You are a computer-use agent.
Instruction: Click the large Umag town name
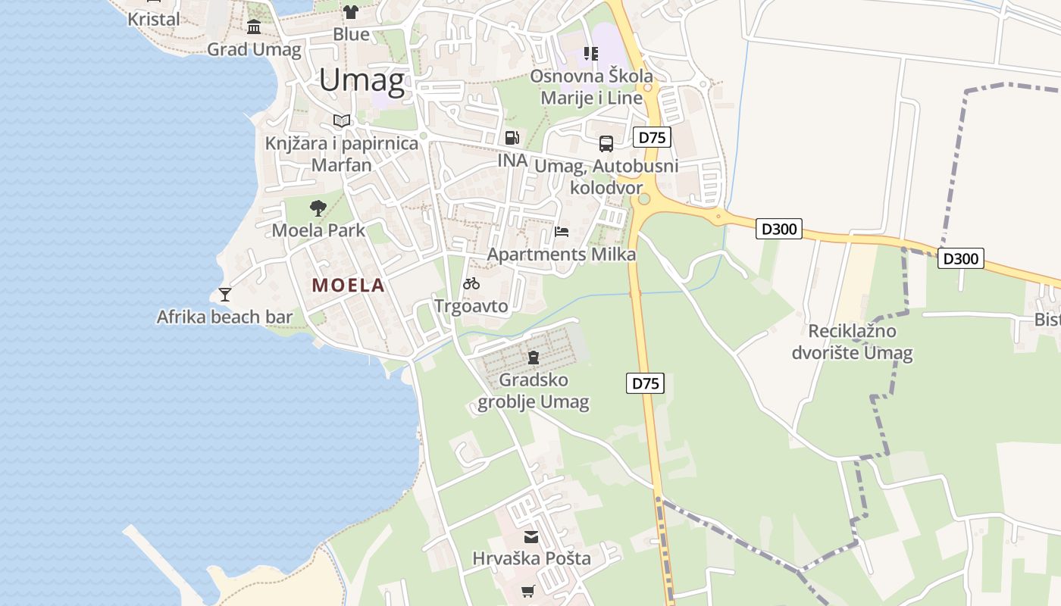[361, 80]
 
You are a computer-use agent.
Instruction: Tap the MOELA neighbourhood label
[349, 286]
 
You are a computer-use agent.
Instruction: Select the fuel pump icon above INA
[512, 138]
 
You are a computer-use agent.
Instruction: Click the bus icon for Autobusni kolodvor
[606, 143]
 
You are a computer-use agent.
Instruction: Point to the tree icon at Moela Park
[318, 208]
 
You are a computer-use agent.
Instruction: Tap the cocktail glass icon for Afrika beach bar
[224, 294]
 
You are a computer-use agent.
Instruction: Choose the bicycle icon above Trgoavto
[471, 283]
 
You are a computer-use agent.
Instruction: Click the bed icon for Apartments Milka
[562, 231]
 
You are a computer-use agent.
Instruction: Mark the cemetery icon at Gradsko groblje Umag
[534, 358]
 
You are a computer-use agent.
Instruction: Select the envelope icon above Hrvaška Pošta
[531, 537]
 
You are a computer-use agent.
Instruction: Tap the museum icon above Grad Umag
[254, 27]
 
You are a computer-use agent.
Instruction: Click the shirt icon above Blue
[351, 11]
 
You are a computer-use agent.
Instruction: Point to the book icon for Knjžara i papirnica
[342, 120]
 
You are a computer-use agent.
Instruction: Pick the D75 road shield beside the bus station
[652, 137]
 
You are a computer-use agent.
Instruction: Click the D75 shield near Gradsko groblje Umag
[646, 383]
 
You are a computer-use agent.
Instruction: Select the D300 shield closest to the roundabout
[778, 228]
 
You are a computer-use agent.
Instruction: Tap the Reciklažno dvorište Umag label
[853, 342]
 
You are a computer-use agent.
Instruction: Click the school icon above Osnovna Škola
[590, 53]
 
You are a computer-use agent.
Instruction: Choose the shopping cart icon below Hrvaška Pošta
[528, 591]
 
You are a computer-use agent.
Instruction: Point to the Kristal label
[154, 19]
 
